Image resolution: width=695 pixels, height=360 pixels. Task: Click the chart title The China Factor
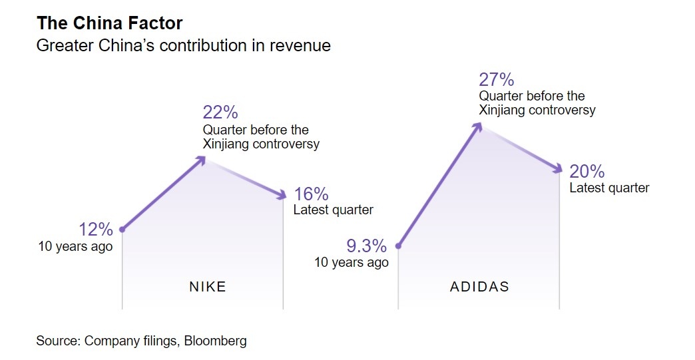point(109,23)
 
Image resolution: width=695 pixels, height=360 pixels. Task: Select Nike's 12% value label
point(96,230)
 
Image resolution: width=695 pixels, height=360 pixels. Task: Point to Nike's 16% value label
point(311,194)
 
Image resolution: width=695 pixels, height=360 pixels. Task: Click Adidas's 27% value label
point(497,80)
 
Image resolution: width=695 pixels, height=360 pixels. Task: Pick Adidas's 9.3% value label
point(366,246)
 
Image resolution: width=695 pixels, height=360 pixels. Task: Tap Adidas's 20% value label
point(587,171)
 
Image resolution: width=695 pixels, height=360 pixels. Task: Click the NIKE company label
point(208,287)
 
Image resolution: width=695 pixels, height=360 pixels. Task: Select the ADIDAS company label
point(479,287)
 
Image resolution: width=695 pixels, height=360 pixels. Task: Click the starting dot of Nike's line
point(122,230)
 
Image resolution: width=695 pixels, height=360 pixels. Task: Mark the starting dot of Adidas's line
point(398,246)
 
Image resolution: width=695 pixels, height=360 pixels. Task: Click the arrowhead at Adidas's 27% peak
point(478,125)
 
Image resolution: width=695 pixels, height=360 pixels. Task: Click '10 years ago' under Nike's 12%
point(75,246)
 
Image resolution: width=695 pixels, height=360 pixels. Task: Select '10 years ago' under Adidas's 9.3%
point(351,263)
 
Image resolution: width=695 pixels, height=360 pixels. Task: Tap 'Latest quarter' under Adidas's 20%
point(609,188)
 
